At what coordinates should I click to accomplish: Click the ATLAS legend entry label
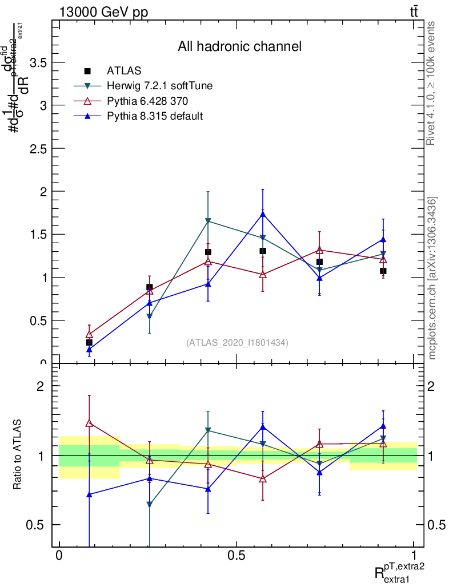pyautogui.click(x=124, y=71)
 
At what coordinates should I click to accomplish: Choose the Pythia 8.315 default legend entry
pyautogui.click(x=155, y=116)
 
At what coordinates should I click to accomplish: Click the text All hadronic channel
pyautogui.click(x=239, y=47)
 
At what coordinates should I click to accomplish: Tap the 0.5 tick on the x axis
pyautogui.click(x=236, y=556)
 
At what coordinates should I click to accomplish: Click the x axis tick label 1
pyautogui.click(x=414, y=556)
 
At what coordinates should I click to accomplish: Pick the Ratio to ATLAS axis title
pyautogui.click(x=18, y=455)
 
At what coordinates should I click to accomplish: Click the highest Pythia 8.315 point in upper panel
pyautogui.click(x=262, y=214)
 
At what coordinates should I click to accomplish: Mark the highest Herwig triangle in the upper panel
pyautogui.click(x=207, y=221)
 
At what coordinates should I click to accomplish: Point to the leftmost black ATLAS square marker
pyautogui.click(x=89, y=342)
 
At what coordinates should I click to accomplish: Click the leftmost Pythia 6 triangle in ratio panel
pyautogui.click(x=89, y=423)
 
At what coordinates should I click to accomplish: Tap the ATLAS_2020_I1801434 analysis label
pyautogui.click(x=237, y=342)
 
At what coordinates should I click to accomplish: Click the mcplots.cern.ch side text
pyautogui.click(x=432, y=278)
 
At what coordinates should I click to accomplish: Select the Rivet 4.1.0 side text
pyautogui.click(x=432, y=84)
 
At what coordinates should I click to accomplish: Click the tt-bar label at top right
pyautogui.click(x=413, y=12)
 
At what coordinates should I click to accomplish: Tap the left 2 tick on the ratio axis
pyautogui.click(x=41, y=386)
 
